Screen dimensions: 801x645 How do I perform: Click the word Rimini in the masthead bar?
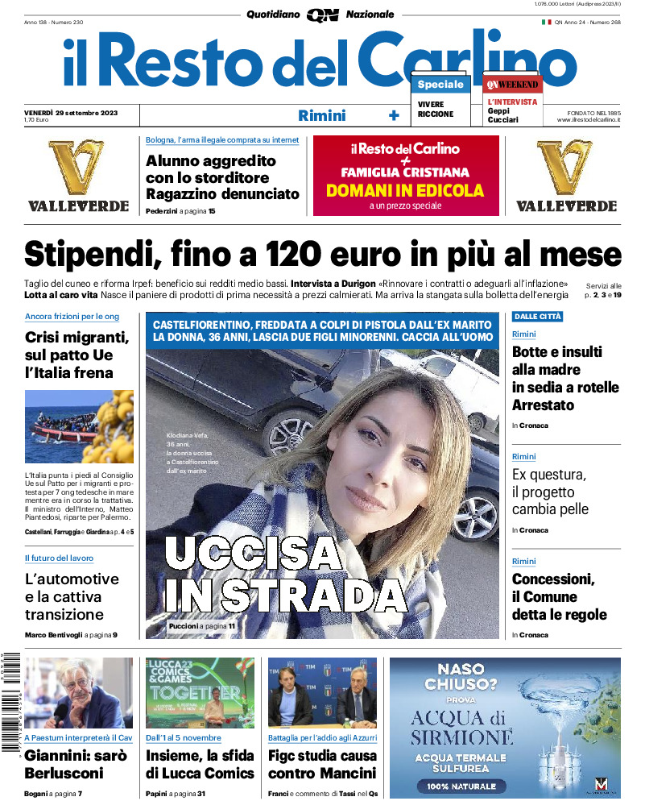click(322, 115)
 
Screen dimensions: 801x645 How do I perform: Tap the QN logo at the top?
click(322, 15)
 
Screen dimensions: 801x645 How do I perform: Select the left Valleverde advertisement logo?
click(78, 176)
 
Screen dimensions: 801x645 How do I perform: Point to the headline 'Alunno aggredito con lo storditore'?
click(222, 177)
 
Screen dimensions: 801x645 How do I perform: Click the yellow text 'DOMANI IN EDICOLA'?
click(405, 191)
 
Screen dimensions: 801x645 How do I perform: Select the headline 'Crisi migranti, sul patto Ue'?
click(77, 355)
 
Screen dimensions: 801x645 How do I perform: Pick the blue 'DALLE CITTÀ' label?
click(537, 317)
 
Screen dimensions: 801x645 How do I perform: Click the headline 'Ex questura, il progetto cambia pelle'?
click(551, 492)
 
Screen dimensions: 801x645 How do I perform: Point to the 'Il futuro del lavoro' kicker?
click(59, 558)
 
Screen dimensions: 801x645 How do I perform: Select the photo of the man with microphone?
click(79, 692)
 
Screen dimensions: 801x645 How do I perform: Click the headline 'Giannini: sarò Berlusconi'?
click(64, 764)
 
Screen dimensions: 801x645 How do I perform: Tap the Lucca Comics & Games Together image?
click(200, 692)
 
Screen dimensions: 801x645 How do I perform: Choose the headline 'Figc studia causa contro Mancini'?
click(322, 764)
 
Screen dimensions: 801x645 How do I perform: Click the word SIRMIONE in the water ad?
click(461, 737)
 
